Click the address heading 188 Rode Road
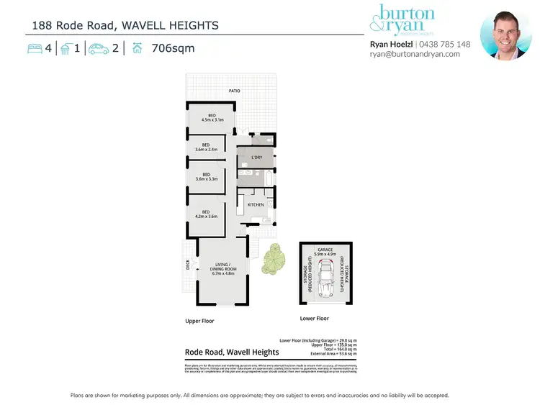click(125, 26)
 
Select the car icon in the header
click(99, 48)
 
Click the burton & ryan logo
click(402, 20)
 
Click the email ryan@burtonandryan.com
click(414, 54)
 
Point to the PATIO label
click(235, 91)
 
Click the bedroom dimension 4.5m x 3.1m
click(212, 120)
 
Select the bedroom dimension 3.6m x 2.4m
click(206, 150)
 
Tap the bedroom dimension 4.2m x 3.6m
click(206, 215)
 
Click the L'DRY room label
click(256, 158)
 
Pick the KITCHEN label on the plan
click(256, 205)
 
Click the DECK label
click(188, 265)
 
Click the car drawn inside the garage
click(326, 279)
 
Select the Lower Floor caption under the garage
click(314, 318)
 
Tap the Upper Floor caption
click(199, 321)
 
